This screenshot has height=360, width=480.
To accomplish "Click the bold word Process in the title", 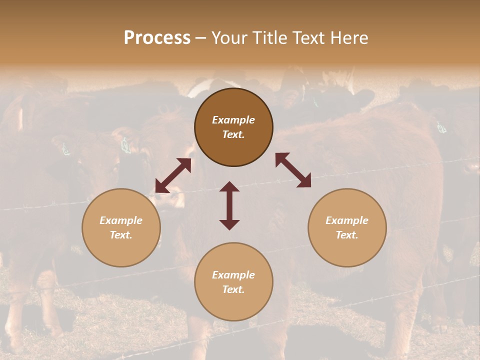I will click(x=157, y=38).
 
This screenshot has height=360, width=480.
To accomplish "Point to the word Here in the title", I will click(x=348, y=38).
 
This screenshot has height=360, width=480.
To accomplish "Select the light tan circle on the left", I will click(x=121, y=250).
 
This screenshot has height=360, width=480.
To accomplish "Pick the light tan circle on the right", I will click(x=347, y=250).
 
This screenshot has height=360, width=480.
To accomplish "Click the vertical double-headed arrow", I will click(x=229, y=205).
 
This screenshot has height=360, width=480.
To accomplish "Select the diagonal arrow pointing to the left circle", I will click(x=173, y=175).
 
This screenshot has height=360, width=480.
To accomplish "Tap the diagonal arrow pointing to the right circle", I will click(x=293, y=170).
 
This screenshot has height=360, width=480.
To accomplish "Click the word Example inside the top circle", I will click(x=233, y=120).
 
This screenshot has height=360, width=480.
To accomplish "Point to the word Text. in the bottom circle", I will click(x=233, y=289).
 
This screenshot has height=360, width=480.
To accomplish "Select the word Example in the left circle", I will click(x=121, y=220).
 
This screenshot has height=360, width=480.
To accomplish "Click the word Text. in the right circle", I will click(x=347, y=235).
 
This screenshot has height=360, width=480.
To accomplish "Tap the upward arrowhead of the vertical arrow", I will click(x=229, y=186).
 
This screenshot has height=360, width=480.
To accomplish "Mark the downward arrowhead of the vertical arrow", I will click(x=229, y=224).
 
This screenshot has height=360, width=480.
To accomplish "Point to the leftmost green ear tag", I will click(x=65, y=149).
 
